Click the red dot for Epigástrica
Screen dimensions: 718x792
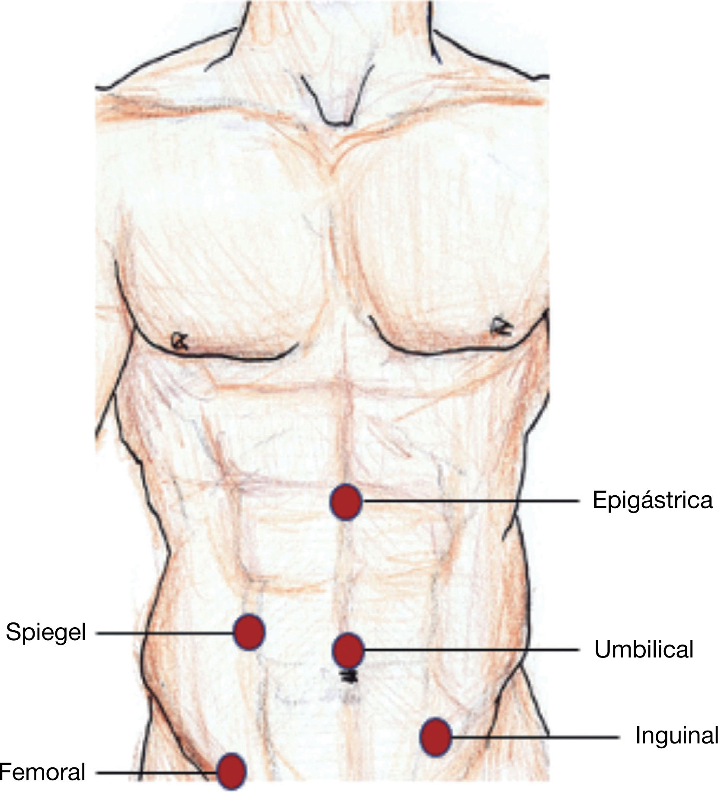coord(345,501)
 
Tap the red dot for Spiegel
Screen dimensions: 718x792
coord(249,632)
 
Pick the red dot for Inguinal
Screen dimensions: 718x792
coord(436,737)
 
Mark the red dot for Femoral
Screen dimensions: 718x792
coord(231,772)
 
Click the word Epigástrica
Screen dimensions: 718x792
coord(652,501)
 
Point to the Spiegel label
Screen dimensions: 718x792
coord(46,633)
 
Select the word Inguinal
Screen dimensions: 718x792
coord(676,736)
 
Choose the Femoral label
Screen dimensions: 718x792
coord(42,772)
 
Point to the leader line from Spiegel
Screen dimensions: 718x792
coord(164,633)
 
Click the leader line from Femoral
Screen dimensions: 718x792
coord(156,772)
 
